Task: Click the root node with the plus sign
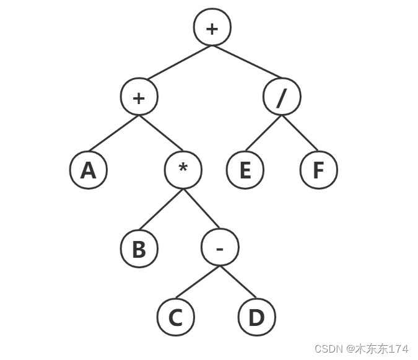212,29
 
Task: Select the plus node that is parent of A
139,98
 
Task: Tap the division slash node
282,98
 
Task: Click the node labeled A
89,170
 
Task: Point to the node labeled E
245,170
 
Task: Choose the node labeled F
318,170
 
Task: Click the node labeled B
139,249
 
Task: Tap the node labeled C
175,318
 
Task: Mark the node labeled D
256,318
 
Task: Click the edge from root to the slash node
247,63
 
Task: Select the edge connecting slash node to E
263,134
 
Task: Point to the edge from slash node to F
300,134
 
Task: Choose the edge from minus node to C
198,283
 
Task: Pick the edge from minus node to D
238,283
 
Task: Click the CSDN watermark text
361,349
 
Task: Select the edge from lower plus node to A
114,134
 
